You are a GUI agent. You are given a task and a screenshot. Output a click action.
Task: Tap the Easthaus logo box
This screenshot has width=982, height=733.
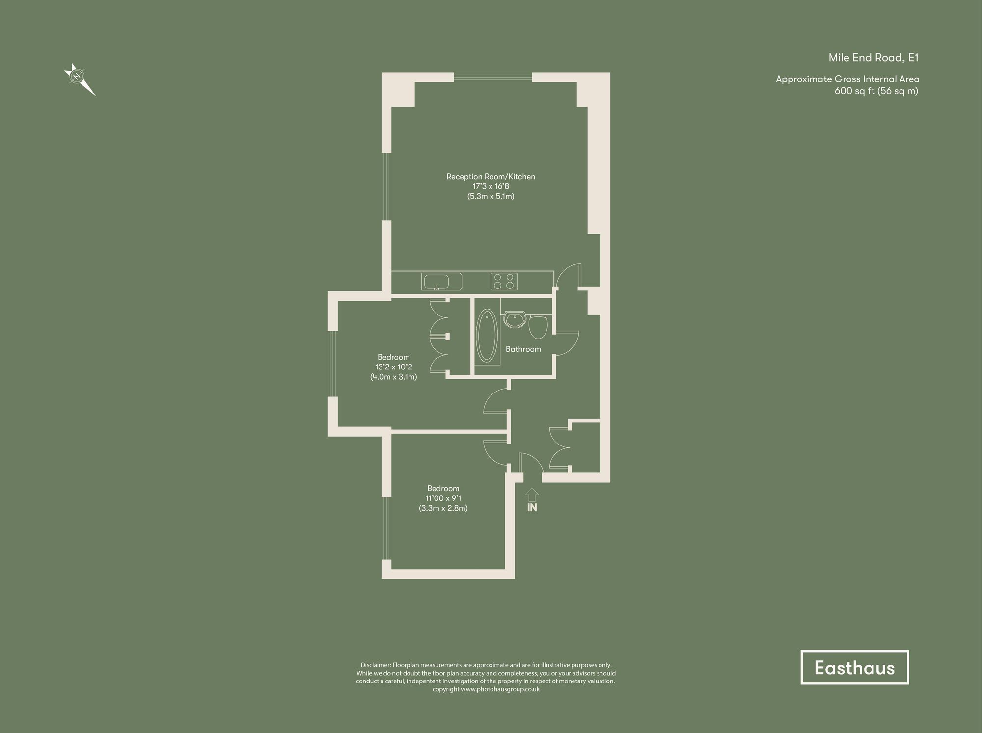[854, 667]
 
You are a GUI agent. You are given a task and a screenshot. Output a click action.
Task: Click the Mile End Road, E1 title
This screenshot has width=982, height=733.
[873, 58]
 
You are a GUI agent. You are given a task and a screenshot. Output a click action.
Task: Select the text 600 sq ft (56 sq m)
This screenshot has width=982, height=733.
[876, 91]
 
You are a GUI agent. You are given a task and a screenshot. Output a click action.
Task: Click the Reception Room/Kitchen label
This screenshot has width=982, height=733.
[491, 177]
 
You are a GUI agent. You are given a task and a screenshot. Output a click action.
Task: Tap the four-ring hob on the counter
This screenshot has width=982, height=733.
[504, 282]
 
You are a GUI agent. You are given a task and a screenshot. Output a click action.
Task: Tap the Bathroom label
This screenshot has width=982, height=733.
[523, 349]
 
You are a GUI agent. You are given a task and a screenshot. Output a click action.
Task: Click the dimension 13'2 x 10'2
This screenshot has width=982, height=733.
[393, 367]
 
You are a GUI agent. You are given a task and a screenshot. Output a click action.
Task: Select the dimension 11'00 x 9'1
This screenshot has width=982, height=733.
[443, 498]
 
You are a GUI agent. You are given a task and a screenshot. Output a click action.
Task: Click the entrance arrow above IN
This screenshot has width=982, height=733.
[532, 494]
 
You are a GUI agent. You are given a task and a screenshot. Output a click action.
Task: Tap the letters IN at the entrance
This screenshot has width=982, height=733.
[532, 508]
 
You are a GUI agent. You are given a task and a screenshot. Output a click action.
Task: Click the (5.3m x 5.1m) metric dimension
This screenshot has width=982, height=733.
[491, 196]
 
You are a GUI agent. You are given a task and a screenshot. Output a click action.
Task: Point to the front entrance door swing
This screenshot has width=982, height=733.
[530, 462]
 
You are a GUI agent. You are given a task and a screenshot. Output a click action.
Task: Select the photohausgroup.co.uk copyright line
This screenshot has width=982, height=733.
[486, 689]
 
